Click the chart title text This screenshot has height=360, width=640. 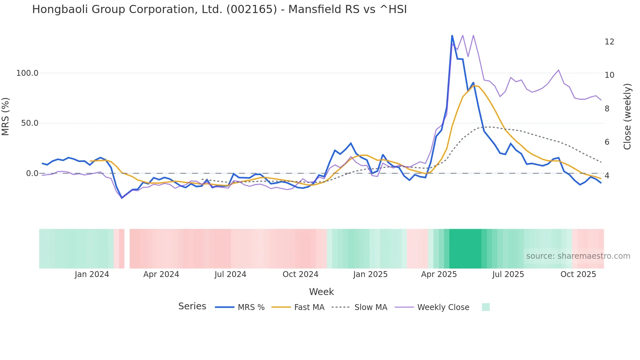click(219, 9)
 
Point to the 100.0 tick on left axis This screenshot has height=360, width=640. click(27, 73)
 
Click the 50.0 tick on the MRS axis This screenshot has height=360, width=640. click(29, 123)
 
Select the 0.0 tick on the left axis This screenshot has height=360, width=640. click(32, 173)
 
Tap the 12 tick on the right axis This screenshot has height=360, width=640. click(609, 42)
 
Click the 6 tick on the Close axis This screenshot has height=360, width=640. click(607, 142)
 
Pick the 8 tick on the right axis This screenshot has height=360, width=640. click(607, 109)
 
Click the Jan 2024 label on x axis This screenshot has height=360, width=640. click(92, 274)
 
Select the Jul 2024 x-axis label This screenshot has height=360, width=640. click(230, 274)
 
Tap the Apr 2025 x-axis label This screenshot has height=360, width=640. click(439, 274)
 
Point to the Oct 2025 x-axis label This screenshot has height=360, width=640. click(578, 274)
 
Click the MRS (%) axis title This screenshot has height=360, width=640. click(6, 117)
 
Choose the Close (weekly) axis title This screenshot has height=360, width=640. click(627, 117)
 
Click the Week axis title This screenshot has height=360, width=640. click(321, 292)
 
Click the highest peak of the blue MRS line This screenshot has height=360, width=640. click(452, 36)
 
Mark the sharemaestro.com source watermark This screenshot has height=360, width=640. click(578, 256)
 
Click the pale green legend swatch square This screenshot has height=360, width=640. click(486, 307)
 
